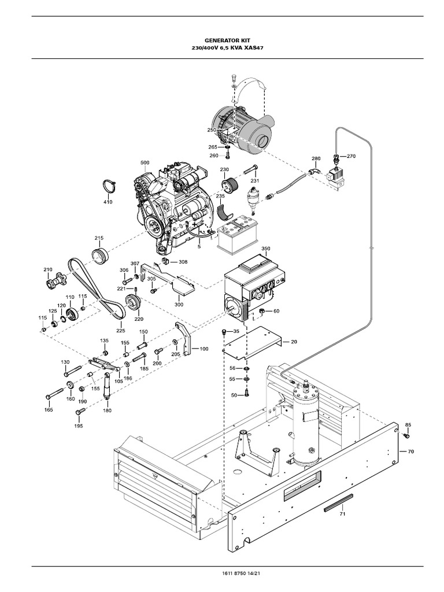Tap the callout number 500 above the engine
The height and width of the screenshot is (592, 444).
(145, 163)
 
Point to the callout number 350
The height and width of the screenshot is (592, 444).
(265, 249)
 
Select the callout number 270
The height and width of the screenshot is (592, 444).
(351, 156)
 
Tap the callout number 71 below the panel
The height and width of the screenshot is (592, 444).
(342, 513)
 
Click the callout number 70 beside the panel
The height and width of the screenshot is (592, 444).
(411, 450)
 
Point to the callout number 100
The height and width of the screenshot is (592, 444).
(204, 349)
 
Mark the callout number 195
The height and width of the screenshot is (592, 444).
(78, 426)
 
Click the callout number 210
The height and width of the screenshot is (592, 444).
(47, 269)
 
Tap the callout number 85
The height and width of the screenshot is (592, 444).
(408, 425)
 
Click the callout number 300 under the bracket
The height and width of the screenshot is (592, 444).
(179, 304)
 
